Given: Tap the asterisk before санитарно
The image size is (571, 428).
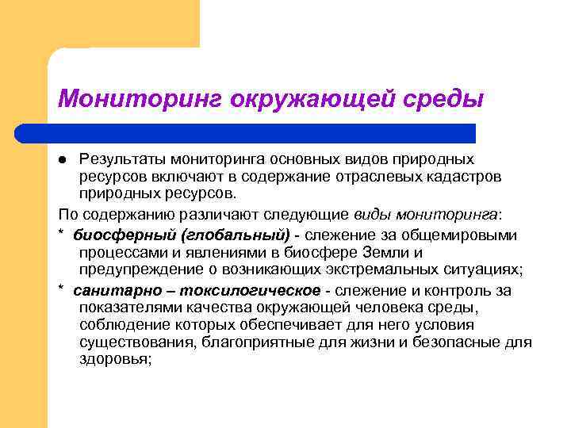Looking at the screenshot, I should tap(62, 290).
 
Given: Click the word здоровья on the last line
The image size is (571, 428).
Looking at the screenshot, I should tap(114, 359).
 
